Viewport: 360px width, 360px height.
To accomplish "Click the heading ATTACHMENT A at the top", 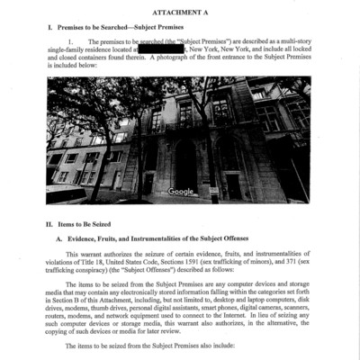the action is coord(180,12).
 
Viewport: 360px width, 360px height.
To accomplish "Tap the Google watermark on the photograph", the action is coord(180,192).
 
